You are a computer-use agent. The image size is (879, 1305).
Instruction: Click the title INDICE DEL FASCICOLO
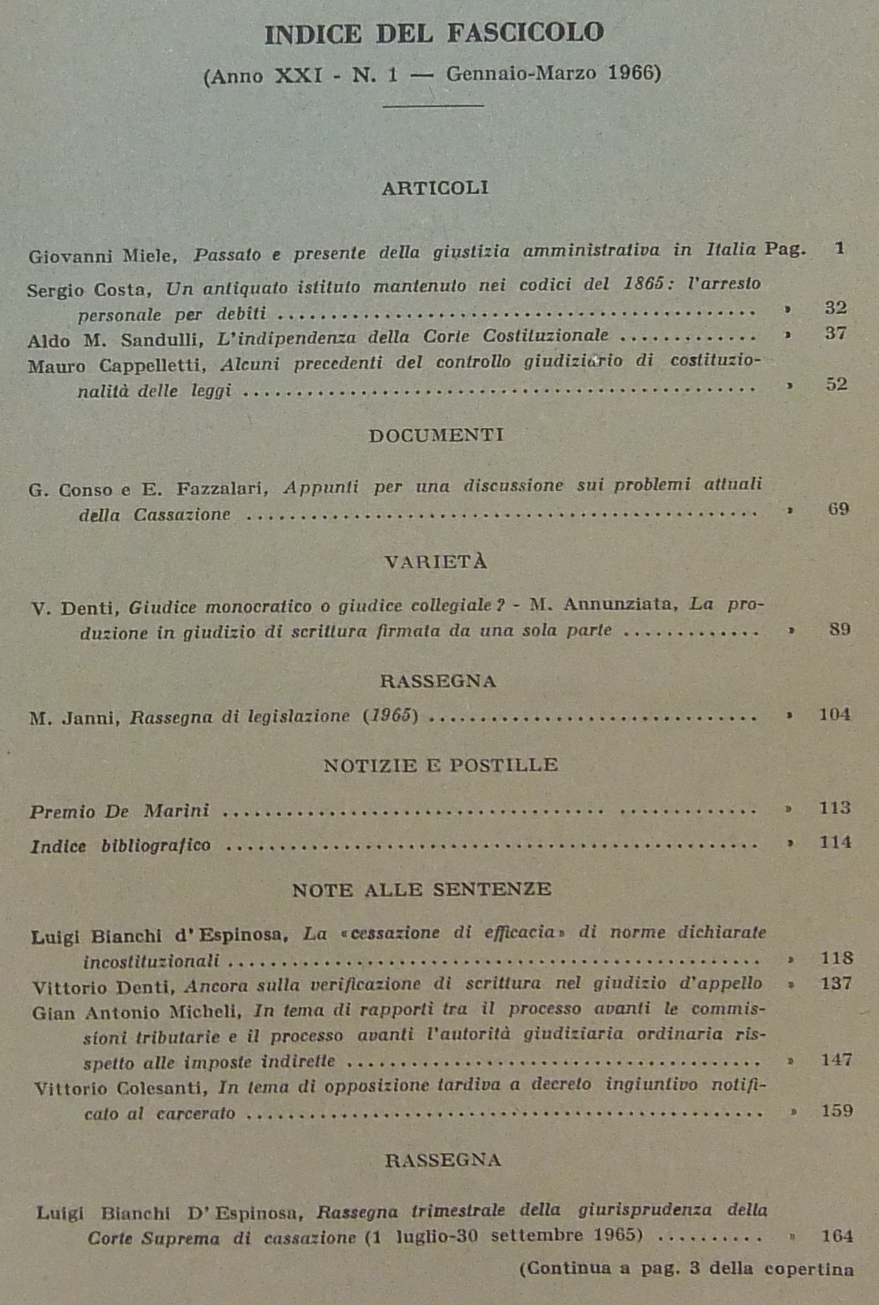coord(434,33)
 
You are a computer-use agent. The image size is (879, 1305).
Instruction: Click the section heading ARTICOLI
coord(435,188)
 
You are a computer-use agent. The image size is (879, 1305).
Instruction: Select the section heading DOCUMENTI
coord(436,435)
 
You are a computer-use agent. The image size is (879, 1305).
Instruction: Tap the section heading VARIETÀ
coord(436,562)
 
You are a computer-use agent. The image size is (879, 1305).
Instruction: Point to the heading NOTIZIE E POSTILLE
coord(441,765)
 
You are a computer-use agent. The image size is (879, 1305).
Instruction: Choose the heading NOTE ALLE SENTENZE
coord(422,889)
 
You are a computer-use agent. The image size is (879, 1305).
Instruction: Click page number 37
coord(836,333)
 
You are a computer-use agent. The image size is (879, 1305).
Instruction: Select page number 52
coord(837,384)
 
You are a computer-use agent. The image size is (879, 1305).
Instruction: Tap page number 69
coord(839,509)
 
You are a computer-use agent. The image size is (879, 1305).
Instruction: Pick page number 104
coord(834,714)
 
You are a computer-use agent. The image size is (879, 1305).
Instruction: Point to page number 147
coord(837,1059)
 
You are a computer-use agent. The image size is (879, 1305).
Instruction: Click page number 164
coord(837,1235)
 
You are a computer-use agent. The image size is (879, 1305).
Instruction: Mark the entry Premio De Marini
coord(119,811)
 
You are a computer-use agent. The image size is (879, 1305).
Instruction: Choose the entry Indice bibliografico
coord(120,846)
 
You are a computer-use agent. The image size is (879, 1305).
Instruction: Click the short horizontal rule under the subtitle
coord(433,106)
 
